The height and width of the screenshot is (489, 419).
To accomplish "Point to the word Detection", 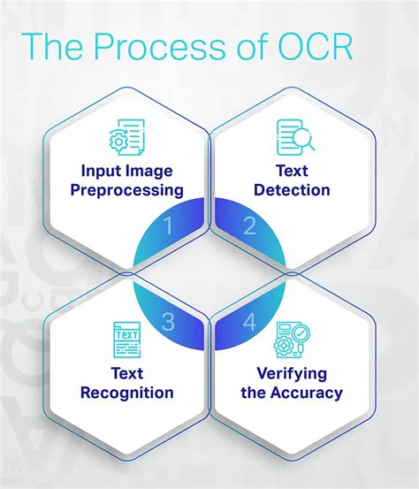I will click(x=293, y=190).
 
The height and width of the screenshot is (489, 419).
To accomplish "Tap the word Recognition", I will click(x=126, y=393).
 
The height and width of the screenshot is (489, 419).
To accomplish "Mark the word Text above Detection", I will click(x=293, y=170).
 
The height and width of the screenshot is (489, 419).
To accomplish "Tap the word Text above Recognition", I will click(x=126, y=372).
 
